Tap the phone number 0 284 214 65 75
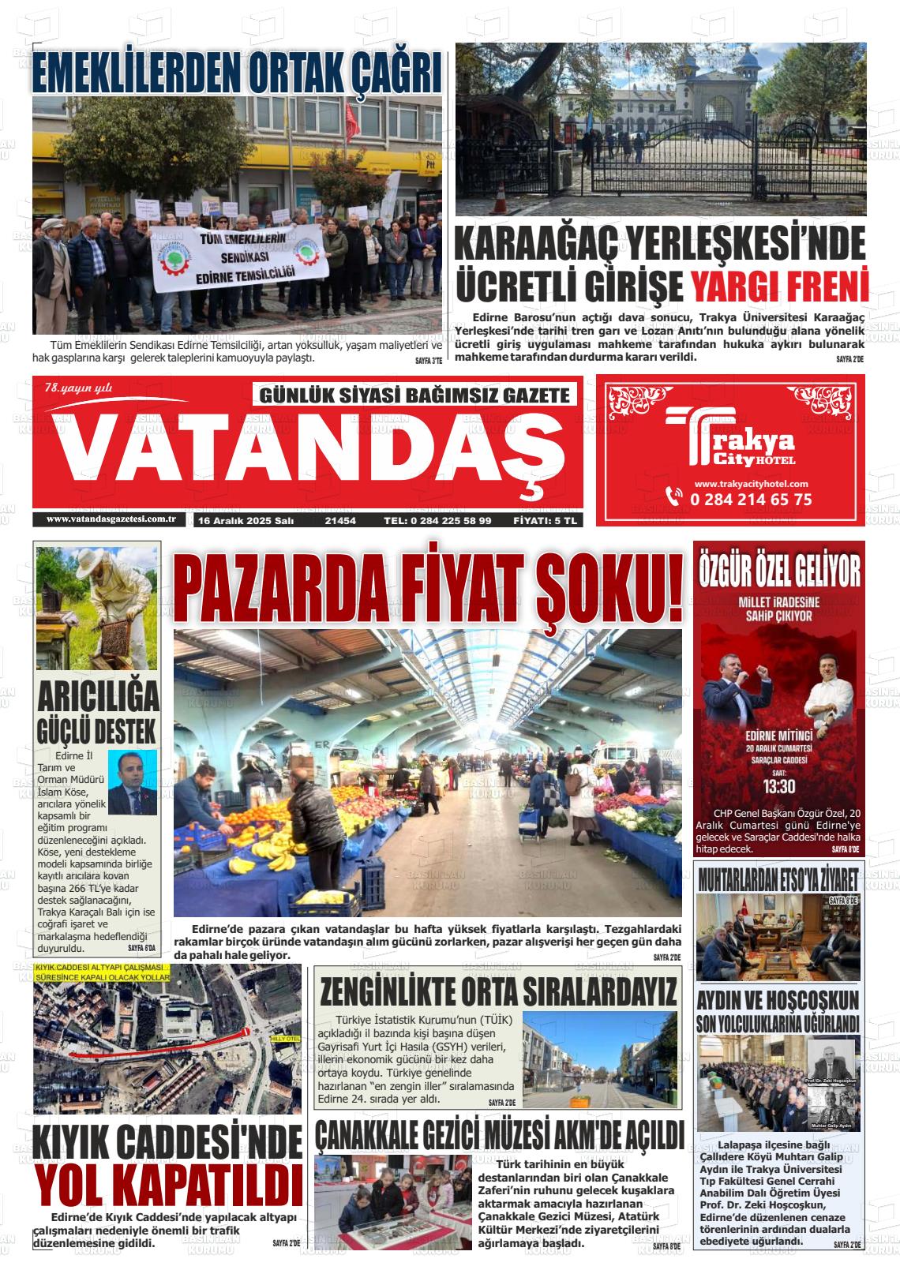pos(750,499)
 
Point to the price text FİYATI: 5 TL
pos(546,521)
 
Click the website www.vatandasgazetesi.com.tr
pos(111,519)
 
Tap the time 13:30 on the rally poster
pos(778,786)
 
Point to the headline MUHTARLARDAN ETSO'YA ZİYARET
pos(778,879)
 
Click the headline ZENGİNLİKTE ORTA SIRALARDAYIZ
pos(498,990)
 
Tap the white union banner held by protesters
pos(236,257)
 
